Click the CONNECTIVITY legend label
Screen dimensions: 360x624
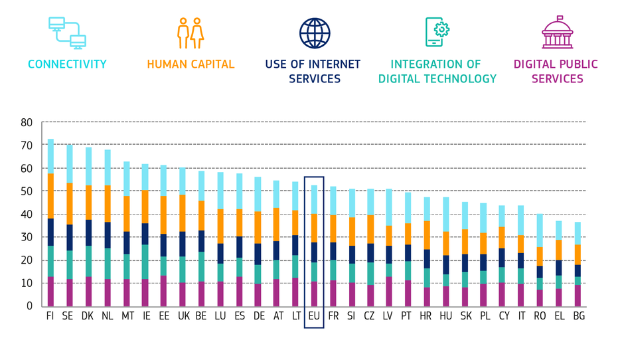pos(67,64)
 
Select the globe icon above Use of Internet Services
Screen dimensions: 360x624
pos(314,33)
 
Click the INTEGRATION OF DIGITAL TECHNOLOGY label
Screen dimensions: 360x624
pos(437,72)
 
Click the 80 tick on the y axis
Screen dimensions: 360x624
pos(27,123)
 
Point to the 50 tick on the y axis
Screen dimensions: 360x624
pos(27,191)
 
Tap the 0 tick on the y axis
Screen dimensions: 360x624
pos(29,306)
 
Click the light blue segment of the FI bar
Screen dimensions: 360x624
pos(50,156)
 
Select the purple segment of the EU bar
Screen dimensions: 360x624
pos(314,294)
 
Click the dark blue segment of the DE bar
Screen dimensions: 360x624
pos(258,254)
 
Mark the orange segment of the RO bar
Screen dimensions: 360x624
pos(540,256)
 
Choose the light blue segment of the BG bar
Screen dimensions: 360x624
pos(578,233)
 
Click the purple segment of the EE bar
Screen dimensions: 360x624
pos(163,290)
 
